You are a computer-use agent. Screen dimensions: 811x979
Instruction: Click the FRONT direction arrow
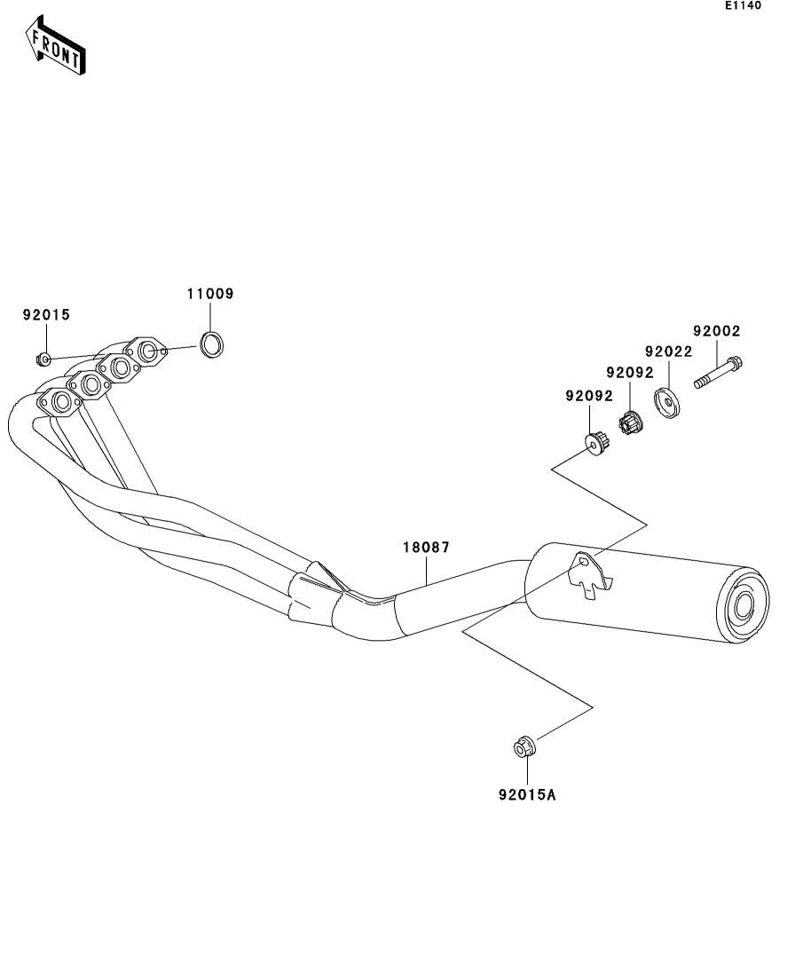tap(55, 45)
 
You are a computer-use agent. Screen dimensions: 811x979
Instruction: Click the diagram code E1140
tap(743, 5)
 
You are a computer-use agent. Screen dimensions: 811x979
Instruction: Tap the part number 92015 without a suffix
tap(47, 315)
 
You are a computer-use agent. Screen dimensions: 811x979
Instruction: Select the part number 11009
tap(210, 294)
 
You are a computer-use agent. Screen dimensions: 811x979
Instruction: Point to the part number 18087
tap(427, 548)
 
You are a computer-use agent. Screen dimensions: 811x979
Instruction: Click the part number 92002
tap(717, 331)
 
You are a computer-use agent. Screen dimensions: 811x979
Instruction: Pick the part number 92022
tap(669, 351)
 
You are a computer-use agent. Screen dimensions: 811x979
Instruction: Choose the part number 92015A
tap(527, 794)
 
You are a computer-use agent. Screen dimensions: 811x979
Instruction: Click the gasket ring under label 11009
tap(213, 344)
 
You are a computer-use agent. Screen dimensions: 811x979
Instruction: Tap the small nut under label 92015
tap(43, 359)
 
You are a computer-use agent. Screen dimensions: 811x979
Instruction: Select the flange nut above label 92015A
tap(524, 746)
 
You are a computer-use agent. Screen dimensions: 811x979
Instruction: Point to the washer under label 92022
tap(666, 403)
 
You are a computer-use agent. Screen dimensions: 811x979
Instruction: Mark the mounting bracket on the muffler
tap(590, 575)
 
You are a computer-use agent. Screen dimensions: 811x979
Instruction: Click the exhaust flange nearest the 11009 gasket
tap(146, 351)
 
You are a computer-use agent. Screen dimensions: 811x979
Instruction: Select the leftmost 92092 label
tap(589, 396)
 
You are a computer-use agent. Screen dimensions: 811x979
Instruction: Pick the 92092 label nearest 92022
tap(630, 373)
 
